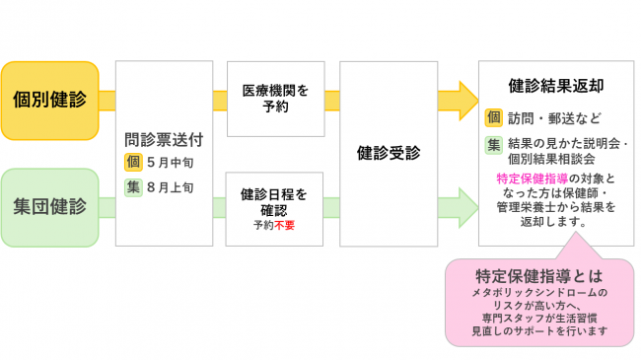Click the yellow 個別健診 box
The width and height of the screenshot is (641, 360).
[50, 100]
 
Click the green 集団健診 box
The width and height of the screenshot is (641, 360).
[50, 207]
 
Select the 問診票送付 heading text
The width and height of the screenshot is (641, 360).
[164, 140]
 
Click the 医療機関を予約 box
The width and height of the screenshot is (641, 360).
[276, 99]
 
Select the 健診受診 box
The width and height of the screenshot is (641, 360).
[389, 153]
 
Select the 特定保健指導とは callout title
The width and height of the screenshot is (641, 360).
[537, 274]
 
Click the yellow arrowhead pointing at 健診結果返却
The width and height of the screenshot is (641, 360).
[463, 100]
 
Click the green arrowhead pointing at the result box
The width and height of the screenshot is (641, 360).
[463, 207]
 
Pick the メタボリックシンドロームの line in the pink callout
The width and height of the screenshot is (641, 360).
[538, 293]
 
